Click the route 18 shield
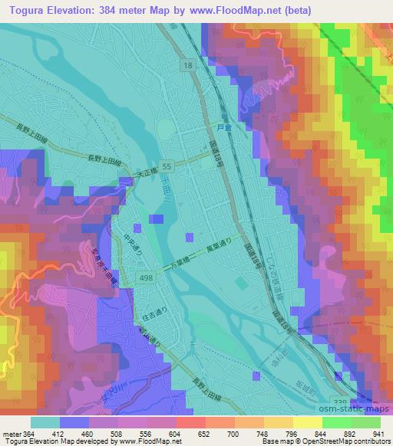[x=187, y=67]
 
